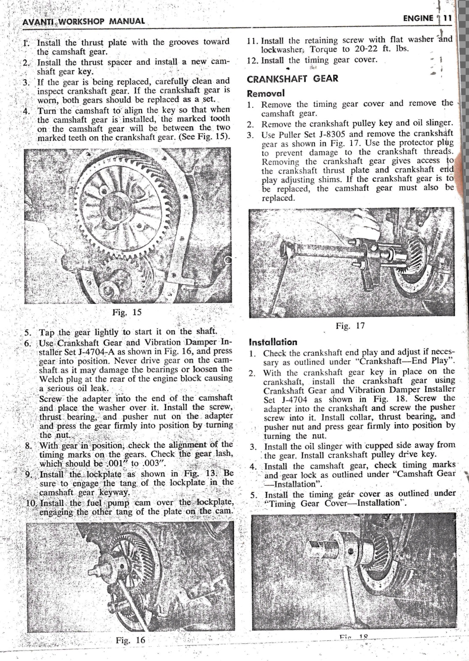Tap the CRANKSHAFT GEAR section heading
click(x=292, y=79)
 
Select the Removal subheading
click(x=266, y=93)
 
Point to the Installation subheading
click(x=273, y=342)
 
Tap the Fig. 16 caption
click(x=130, y=640)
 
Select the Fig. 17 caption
click(x=350, y=325)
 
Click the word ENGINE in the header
click(x=418, y=18)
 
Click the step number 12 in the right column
click(x=252, y=60)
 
